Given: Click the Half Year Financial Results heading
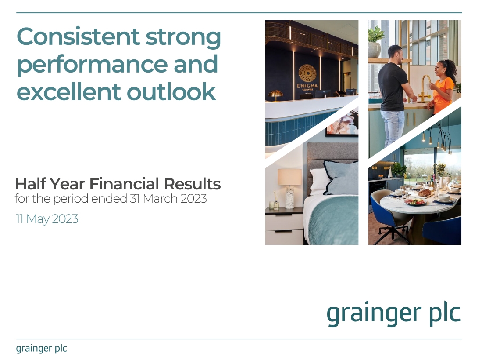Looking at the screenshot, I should [118, 184].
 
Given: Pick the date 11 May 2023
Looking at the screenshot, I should [47, 218].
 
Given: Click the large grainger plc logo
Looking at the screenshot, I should [393, 314].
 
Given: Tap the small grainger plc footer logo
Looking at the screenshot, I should [41, 349].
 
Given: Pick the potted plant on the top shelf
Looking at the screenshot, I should [376, 41].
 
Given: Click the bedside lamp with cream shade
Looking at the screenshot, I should [289, 187].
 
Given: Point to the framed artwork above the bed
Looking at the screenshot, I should [342, 123].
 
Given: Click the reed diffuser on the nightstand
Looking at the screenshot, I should [276, 201].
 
